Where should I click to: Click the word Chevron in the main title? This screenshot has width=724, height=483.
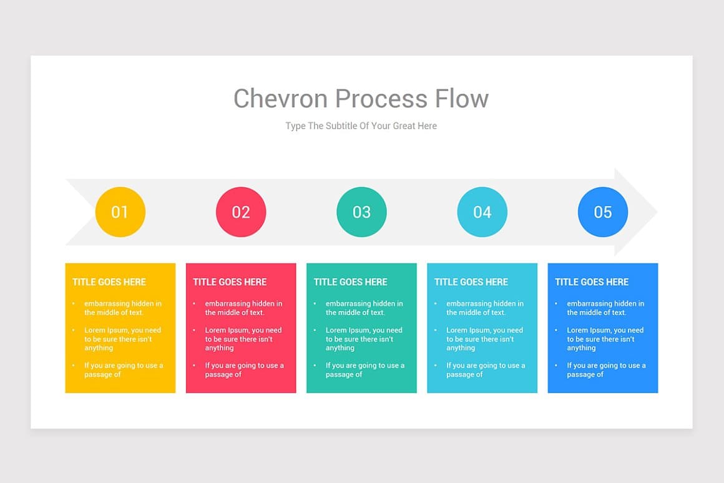coord(281,99)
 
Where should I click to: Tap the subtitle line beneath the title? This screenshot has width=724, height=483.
coord(361,126)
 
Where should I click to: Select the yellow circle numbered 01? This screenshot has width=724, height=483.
coord(120,212)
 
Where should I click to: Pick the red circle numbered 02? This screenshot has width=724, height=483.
coord(241,212)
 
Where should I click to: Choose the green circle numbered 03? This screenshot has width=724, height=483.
coord(361,212)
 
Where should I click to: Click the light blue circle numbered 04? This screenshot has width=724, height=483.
coord(482,212)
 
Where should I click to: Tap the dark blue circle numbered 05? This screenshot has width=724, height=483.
coord(602,212)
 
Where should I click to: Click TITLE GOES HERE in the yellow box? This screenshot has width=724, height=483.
coord(109,282)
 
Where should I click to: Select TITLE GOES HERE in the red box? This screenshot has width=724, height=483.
coord(230,282)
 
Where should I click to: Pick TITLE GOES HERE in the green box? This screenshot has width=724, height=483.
coord(350,282)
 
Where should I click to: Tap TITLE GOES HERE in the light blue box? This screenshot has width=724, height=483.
coord(471,282)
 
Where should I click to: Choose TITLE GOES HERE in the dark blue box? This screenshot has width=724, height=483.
coord(592,282)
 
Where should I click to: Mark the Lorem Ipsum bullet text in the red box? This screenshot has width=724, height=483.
coord(243,339)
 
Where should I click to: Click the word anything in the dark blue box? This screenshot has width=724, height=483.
coord(581,348)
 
